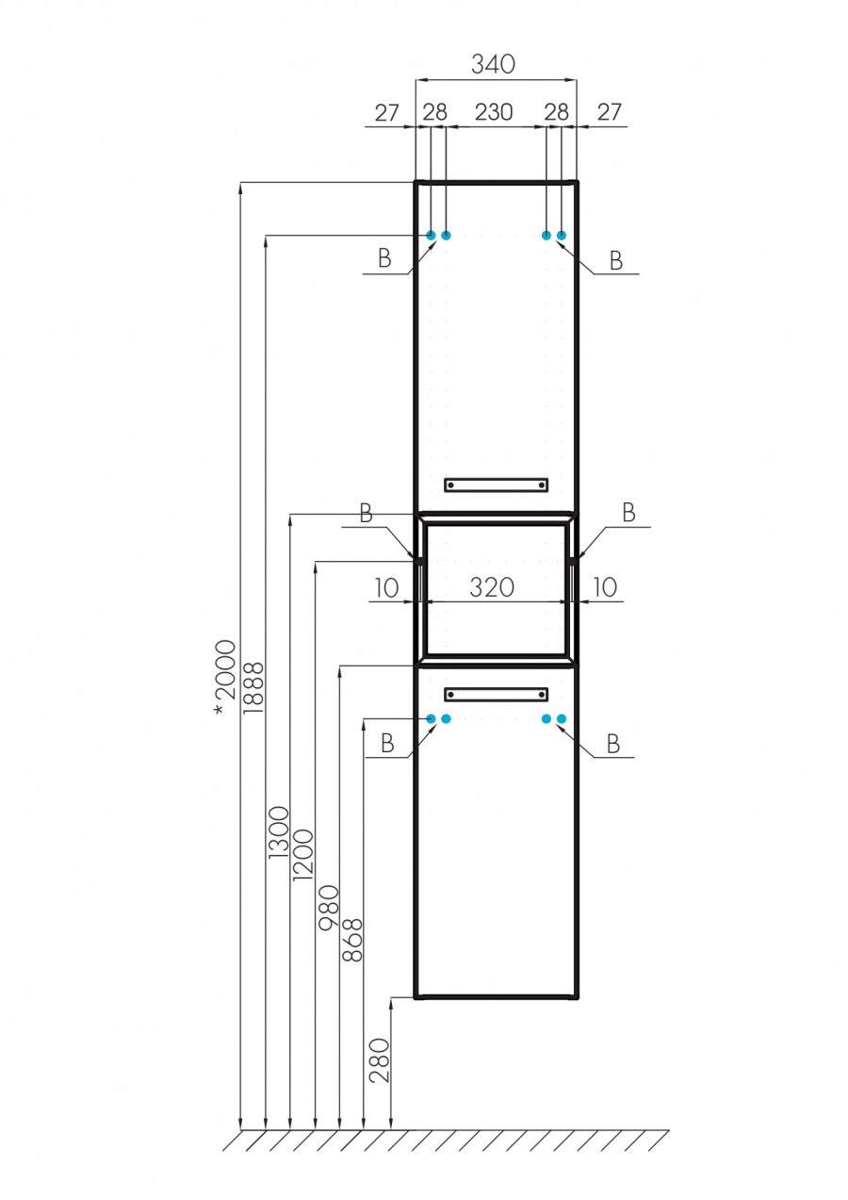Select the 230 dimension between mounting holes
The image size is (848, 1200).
pos(493,112)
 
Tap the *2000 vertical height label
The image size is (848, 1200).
pos(224,676)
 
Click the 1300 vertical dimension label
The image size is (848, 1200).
pos(278,831)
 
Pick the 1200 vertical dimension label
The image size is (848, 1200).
pos(302,854)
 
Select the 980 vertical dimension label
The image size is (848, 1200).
pos(328,907)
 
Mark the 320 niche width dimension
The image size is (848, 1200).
pos(492,588)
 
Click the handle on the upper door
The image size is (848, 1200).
pos(496,485)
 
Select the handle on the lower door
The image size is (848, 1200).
pos(496,695)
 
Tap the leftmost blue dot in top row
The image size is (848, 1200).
pos(432,235)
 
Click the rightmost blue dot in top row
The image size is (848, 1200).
pos(562,235)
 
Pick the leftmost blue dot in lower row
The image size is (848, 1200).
pos(432,718)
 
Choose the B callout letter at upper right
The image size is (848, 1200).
pos(615,262)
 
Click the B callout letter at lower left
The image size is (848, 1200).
pos(386,745)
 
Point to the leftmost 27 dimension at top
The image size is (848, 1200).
pos(387,112)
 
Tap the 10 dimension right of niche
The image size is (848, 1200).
pos(605,588)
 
